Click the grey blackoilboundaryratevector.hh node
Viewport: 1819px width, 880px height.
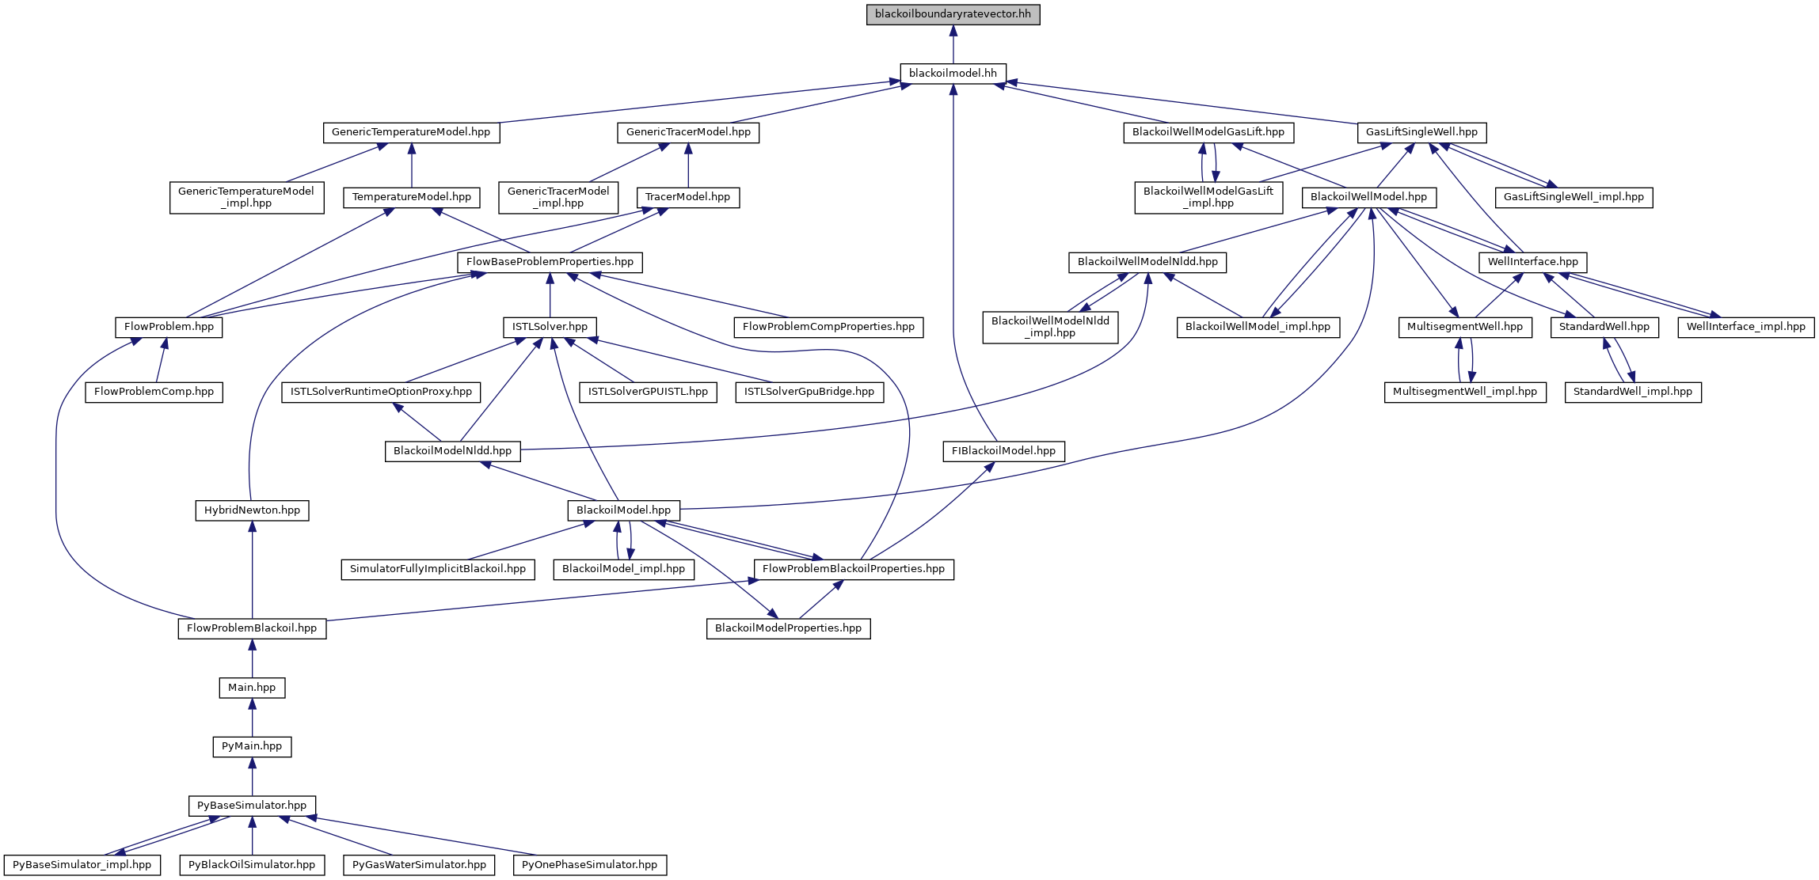[x=953, y=14]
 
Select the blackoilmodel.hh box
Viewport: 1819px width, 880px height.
[x=953, y=74]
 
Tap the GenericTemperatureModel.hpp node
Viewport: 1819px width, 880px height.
[x=411, y=132]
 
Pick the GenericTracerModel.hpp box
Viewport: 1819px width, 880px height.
[x=688, y=132]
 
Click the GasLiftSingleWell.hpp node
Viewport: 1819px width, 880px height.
[x=1421, y=132]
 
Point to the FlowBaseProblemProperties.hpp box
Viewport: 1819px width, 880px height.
[x=550, y=262]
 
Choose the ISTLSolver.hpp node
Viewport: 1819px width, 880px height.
[x=550, y=327]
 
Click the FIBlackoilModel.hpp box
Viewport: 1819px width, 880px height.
[x=1003, y=451]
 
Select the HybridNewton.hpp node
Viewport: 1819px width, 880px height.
[x=252, y=510]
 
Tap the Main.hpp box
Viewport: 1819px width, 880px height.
[x=252, y=688]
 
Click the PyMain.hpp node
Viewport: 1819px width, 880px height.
[x=252, y=746]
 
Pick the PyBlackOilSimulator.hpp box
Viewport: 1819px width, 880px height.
[x=252, y=865]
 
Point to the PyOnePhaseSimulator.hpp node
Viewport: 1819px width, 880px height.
[x=589, y=865]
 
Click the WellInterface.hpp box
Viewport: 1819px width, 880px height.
[x=1532, y=262]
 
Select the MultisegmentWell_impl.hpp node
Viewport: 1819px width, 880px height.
[x=1464, y=392]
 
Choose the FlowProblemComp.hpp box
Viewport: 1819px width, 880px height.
[x=154, y=392]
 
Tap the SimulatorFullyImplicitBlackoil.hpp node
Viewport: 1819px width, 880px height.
[x=438, y=569]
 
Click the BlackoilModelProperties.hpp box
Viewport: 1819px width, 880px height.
[x=788, y=628]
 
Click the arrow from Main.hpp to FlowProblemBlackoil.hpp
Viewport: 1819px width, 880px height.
[x=252, y=658]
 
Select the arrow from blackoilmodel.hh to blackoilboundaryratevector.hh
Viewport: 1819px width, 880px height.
[x=953, y=44]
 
